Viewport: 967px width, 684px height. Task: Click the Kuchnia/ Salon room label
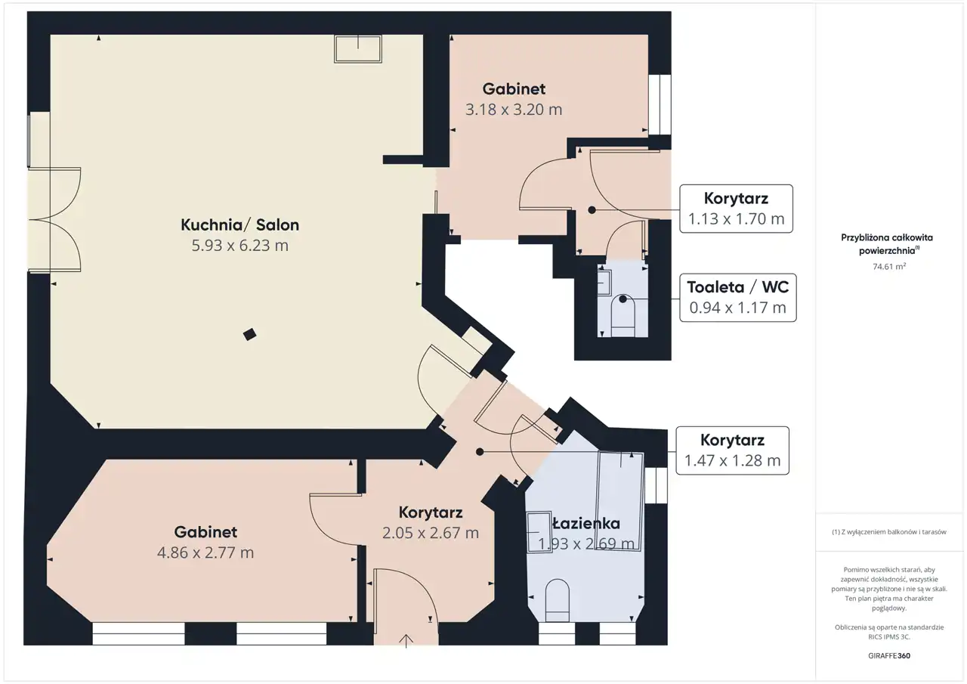[x=239, y=225]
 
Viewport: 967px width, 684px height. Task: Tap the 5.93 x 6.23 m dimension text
[x=239, y=246]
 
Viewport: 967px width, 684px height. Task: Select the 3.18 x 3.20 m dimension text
[x=514, y=110]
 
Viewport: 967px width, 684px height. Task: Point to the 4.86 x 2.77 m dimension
[x=205, y=552]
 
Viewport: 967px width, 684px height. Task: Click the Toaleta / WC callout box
[x=738, y=298]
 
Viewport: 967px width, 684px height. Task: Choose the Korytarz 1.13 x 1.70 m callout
[x=736, y=209]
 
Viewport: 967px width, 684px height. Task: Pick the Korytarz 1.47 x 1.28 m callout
[x=733, y=450]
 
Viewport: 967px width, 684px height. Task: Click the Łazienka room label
[x=586, y=523]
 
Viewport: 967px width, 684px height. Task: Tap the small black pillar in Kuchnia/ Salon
[x=249, y=334]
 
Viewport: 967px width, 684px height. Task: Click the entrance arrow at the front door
[x=406, y=641]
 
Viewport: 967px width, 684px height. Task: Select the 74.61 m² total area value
[x=889, y=267]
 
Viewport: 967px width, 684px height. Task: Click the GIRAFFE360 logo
[x=889, y=655]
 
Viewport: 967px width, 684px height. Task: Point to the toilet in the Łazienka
[x=558, y=600]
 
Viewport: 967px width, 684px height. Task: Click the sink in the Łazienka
[x=539, y=532]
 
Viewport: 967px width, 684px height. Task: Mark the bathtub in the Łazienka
[x=619, y=501]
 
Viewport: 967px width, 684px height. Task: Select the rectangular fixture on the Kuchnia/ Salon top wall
[x=358, y=49]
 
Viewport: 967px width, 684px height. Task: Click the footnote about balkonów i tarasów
[x=889, y=532]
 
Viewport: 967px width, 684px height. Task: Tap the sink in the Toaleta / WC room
[x=604, y=283]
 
